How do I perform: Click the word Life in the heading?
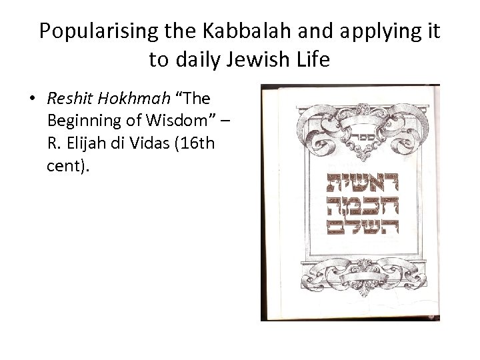(x=312, y=60)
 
